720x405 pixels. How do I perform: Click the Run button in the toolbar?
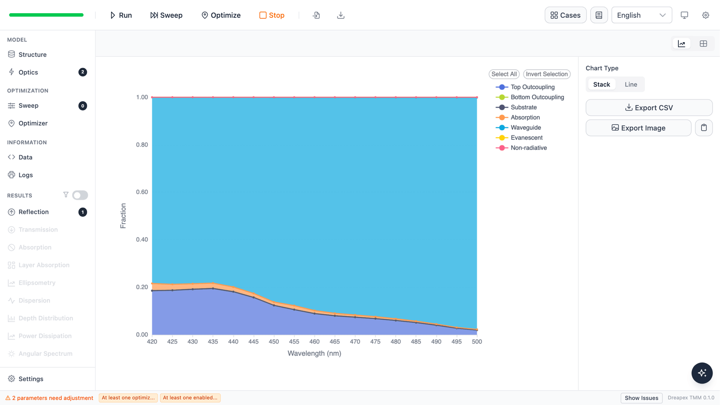[x=121, y=15]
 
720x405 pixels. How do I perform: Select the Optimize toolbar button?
[x=221, y=15]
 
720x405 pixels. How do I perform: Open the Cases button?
[x=565, y=15]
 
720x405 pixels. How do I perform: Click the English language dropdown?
[x=642, y=15]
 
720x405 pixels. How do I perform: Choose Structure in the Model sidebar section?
[x=32, y=54]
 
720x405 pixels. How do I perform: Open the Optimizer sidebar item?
[x=33, y=123]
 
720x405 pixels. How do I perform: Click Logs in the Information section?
[x=26, y=175]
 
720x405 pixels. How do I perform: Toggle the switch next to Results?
[x=80, y=195]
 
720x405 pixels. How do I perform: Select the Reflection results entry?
[x=33, y=212]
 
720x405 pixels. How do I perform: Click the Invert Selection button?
[x=547, y=74]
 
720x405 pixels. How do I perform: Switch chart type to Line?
[x=630, y=84]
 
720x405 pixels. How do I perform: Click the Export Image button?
[x=638, y=128]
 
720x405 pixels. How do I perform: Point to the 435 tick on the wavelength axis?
[x=213, y=341]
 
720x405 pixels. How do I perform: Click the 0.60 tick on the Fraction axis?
[x=142, y=192]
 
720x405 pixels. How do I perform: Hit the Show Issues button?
[x=641, y=398]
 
